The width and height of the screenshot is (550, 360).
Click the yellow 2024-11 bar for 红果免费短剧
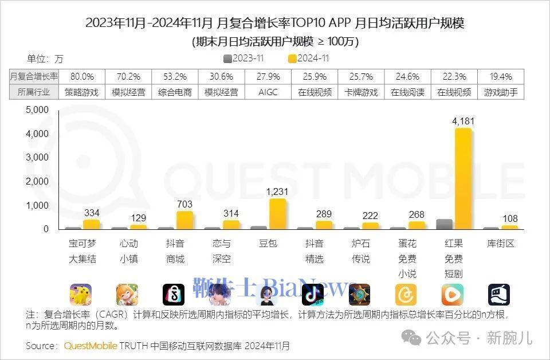pos(463,179)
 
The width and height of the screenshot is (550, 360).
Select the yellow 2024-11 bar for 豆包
pos(277,214)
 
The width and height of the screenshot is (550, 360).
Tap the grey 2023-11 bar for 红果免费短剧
pos(444,224)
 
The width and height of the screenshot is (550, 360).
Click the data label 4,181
pos(463,121)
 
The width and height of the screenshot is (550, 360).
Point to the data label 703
pos(184,204)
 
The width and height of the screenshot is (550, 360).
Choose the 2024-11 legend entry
pos(309,58)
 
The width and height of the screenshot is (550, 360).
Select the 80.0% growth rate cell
pos(82,76)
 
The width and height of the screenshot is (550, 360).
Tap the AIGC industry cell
pos(268,92)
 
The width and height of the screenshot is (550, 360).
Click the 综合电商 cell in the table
pos(175,92)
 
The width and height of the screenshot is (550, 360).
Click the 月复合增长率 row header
pos(34,76)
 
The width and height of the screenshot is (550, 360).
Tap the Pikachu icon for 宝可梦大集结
pos(81,295)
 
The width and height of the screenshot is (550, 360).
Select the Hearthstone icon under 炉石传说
pos(360,295)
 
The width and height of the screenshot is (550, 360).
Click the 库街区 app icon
pos(498,295)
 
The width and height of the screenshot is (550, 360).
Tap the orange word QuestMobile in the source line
pos(91,346)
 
